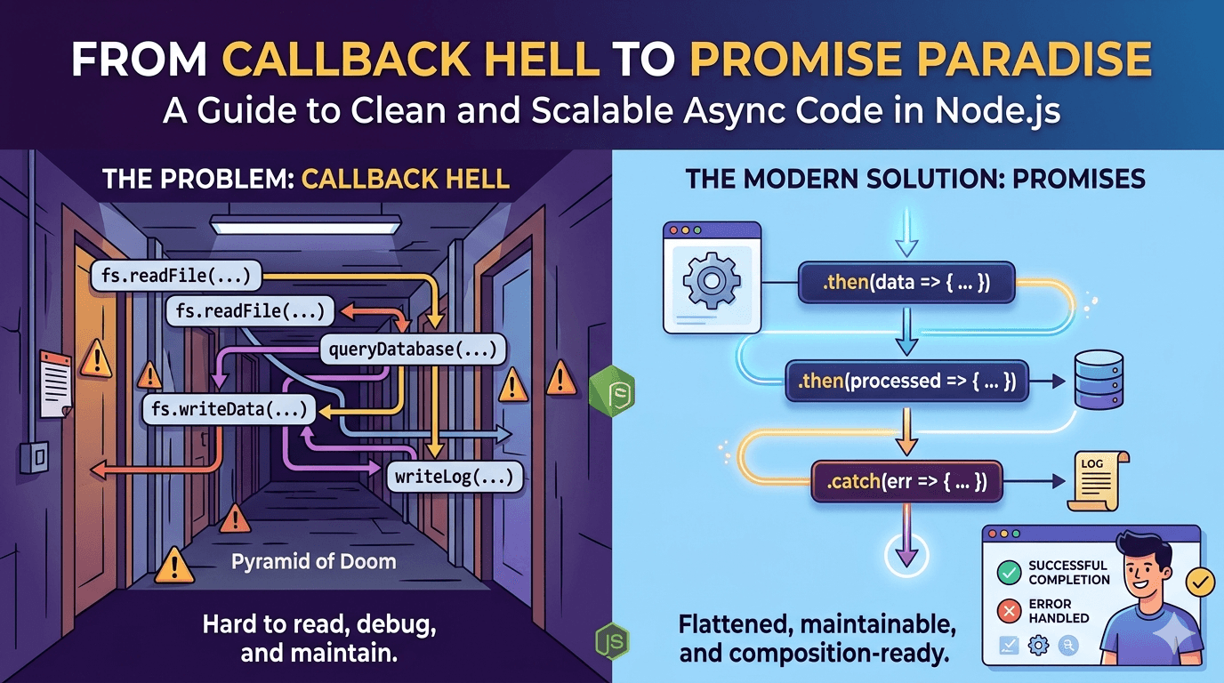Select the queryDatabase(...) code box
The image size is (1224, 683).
pyautogui.click(x=412, y=350)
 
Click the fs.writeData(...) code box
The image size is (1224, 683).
pyautogui.click(x=229, y=409)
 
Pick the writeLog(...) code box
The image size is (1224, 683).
pyautogui.click(x=454, y=478)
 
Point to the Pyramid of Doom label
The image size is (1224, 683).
pyautogui.click(x=314, y=562)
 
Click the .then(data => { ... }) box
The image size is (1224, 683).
pyautogui.click(x=906, y=284)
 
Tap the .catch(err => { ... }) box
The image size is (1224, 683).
pyautogui.click(x=906, y=483)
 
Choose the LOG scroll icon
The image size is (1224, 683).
pyautogui.click(x=1097, y=481)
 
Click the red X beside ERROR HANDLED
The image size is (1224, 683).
pyautogui.click(x=1009, y=611)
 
